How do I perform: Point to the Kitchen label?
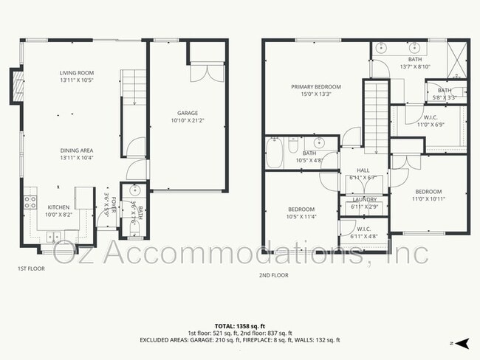(x=59, y=207)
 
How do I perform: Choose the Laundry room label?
(x=364, y=199)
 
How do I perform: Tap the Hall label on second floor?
(x=363, y=170)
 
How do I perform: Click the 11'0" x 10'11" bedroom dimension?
(x=428, y=198)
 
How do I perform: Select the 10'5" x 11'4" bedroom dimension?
(x=301, y=216)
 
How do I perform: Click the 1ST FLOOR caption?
(x=31, y=269)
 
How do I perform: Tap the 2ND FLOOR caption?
(x=274, y=274)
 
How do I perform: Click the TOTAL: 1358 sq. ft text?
(x=240, y=325)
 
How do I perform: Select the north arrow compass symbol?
(x=462, y=343)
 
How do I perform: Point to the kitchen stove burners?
(x=30, y=200)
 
